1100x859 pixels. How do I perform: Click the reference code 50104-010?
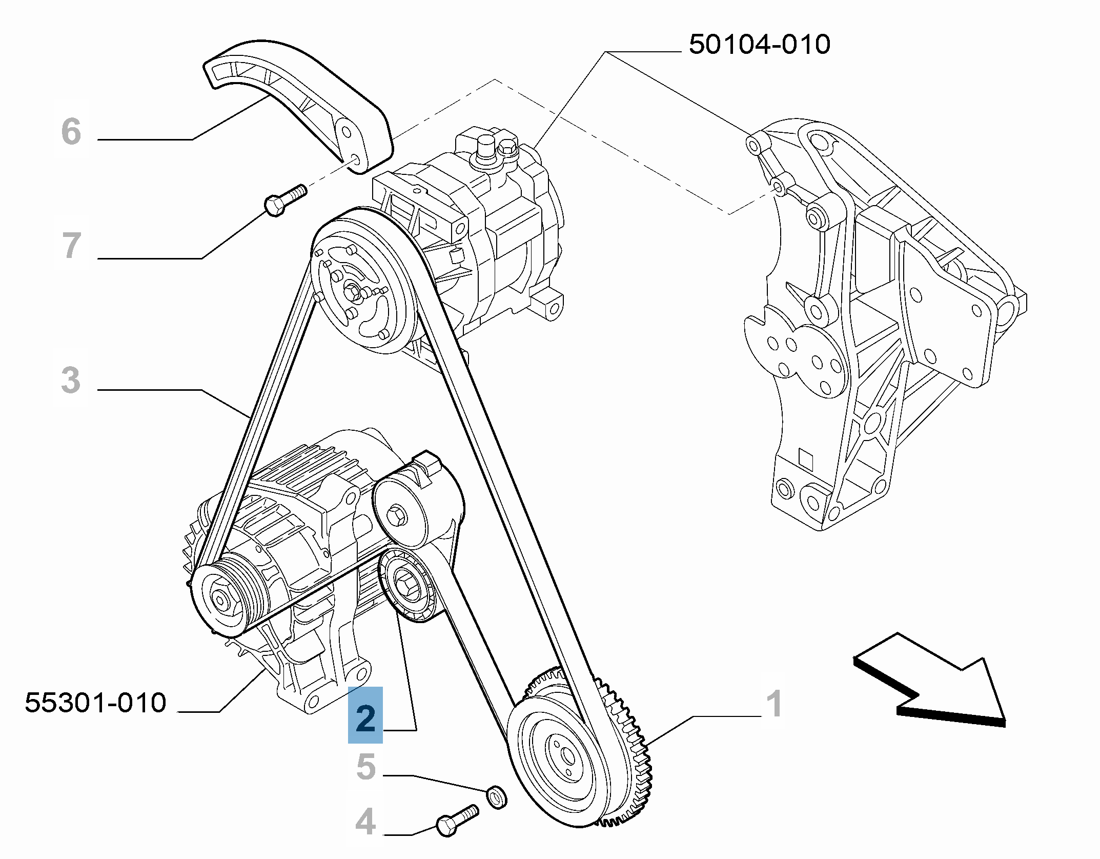coord(759,45)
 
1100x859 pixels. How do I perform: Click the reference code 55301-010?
coord(96,703)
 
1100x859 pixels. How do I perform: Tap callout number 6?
coord(71,131)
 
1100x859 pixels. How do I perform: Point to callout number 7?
coord(72,245)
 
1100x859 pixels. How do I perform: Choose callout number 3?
coord(71,380)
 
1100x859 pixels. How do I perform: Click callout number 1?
coord(774,704)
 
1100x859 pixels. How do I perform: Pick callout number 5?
coord(366,767)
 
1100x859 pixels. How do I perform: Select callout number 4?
coord(365,822)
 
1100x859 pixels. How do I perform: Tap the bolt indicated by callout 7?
coord(285,200)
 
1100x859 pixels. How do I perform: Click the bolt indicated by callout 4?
coord(456,820)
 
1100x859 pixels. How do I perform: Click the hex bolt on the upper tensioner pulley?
coord(396,514)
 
